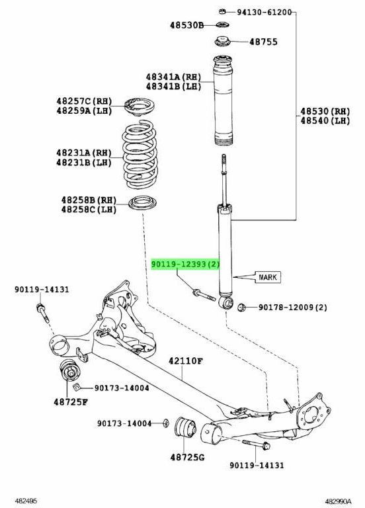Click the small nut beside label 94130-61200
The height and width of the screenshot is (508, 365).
[x=223, y=11]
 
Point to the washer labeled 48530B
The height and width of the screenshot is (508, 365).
[x=223, y=26]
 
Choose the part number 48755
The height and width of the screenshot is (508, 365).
[x=263, y=42]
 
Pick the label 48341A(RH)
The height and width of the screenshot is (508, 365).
[x=174, y=76]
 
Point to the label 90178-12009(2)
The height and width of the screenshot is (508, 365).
[x=292, y=307]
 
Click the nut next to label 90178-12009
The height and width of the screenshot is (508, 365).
[x=241, y=307]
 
